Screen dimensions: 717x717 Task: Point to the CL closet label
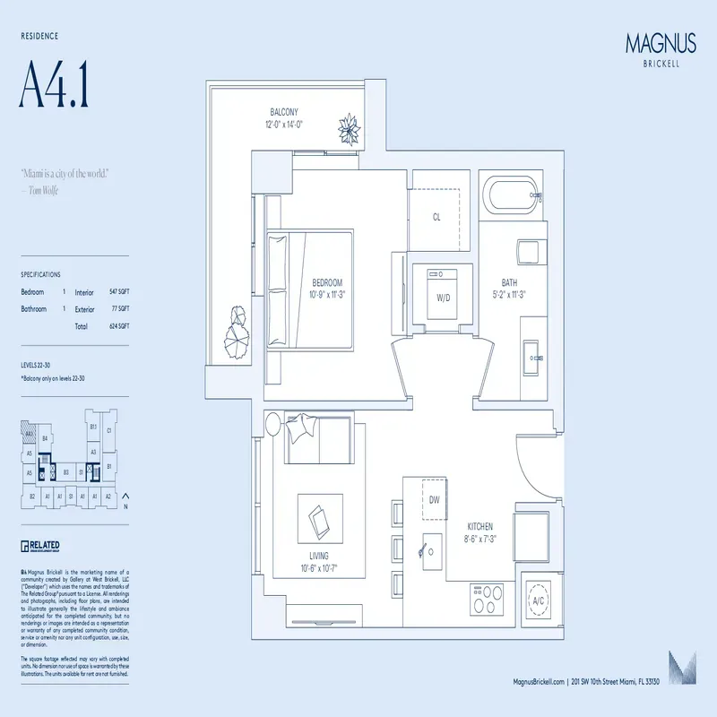pyautogui.click(x=436, y=217)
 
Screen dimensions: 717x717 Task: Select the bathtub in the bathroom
pyautogui.click(x=511, y=194)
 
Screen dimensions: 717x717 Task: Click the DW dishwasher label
pyautogui.click(x=434, y=500)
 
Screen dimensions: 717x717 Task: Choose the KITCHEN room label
pyautogui.click(x=480, y=527)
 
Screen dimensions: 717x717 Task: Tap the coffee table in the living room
pyautogui.click(x=318, y=517)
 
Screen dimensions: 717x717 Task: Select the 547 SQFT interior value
pyautogui.click(x=119, y=292)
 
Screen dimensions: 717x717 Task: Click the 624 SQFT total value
pyautogui.click(x=119, y=326)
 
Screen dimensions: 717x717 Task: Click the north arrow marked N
pyautogui.click(x=125, y=500)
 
